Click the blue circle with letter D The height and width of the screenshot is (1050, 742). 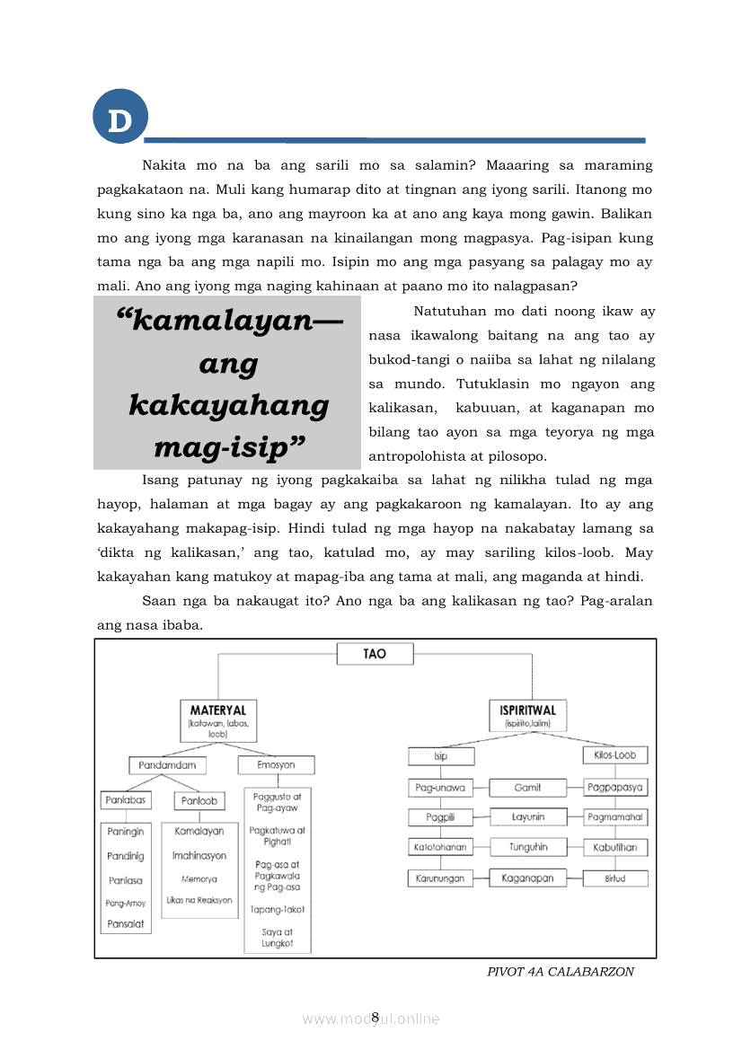point(119,120)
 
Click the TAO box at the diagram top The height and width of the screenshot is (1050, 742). point(375,654)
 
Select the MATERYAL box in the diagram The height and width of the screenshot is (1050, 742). point(218,719)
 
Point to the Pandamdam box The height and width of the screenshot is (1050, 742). point(167,765)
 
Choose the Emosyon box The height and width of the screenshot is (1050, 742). point(278,764)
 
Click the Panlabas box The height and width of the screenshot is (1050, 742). point(125,799)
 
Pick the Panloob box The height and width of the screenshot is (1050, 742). point(199,800)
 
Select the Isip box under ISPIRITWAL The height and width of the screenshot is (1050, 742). point(440,756)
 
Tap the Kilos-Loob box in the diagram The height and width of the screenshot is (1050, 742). point(615,755)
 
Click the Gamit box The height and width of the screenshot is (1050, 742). point(527,788)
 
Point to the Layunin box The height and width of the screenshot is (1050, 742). point(527,817)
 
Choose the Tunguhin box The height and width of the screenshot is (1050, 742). point(527,847)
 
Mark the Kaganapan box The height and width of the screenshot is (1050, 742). point(527,878)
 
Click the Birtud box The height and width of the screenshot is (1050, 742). point(615,878)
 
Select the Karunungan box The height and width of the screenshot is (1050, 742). point(440,878)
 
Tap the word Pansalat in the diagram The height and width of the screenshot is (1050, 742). point(125,922)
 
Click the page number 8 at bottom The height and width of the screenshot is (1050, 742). point(375,1017)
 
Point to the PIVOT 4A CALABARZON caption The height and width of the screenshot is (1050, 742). point(561,972)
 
